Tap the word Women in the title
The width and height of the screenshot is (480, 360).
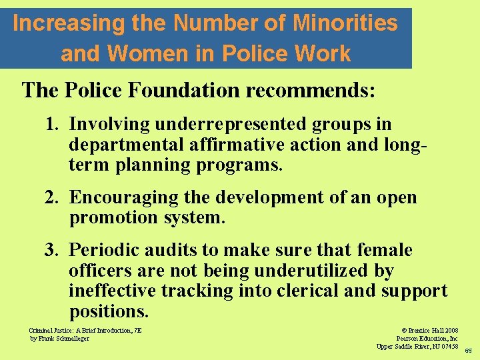tap(139, 53)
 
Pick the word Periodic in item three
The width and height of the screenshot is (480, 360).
tap(103, 250)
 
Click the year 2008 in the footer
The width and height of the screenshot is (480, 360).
tap(449, 330)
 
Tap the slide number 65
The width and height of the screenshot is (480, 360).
tap(468, 351)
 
